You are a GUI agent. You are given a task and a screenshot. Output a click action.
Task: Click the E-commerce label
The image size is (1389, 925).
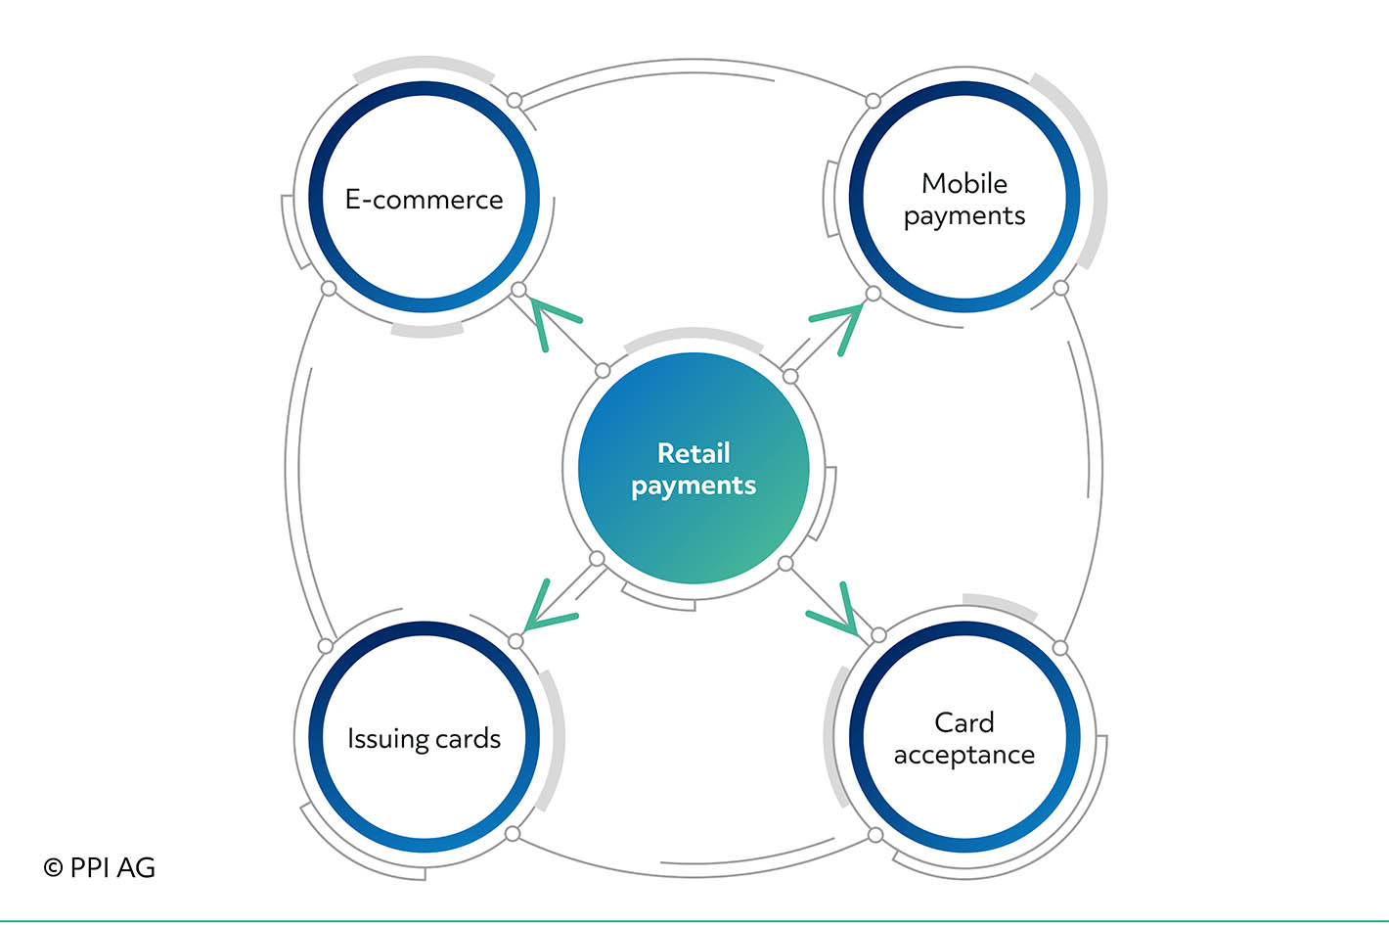pyautogui.click(x=425, y=199)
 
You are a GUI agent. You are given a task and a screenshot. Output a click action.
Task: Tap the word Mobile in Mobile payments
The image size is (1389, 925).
pyautogui.click(x=964, y=184)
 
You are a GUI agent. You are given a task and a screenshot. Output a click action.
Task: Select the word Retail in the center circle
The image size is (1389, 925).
pyautogui.click(x=694, y=453)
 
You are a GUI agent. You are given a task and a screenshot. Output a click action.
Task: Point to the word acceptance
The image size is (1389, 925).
pyautogui.click(x=964, y=756)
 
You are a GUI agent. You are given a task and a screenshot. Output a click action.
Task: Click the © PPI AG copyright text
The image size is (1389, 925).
pyautogui.click(x=99, y=867)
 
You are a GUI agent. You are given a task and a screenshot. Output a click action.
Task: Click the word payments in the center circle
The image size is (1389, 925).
pyautogui.click(x=694, y=486)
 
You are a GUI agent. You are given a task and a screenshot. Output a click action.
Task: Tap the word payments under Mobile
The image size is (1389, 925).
pyautogui.click(x=964, y=217)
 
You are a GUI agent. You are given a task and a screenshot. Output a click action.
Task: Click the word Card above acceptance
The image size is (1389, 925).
pyautogui.click(x=964, y=722)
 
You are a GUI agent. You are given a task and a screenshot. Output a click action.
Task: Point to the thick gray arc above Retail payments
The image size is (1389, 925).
pyautogui.click(x=694, y=334)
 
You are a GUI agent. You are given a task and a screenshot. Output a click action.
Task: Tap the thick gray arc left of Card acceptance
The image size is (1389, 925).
pyautogui.click(x=829, y=736)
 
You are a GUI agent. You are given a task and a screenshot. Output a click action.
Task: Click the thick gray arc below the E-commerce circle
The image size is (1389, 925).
pyautogui.click(x=427, y=332)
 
